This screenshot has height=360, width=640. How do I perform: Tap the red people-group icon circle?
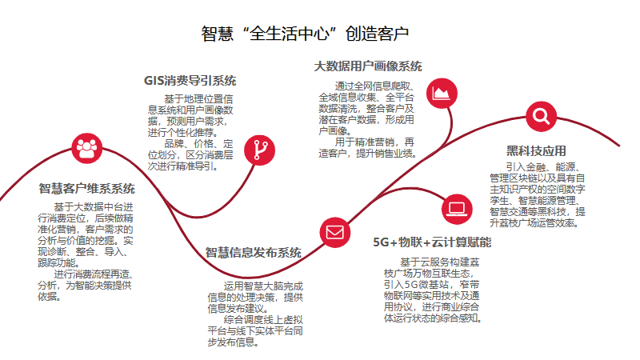[x=86, y=146]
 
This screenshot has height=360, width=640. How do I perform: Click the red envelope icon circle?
[x=334, y=233]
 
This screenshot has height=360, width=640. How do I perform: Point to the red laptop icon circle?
[x=458, y=209]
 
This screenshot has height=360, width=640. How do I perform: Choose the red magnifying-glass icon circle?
[x=541, y=117]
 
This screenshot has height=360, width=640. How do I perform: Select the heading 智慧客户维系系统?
[x=87, y=189]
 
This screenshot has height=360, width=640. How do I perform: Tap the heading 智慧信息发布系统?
[x=254, y=253]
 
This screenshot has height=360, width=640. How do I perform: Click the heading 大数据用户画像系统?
[x=368, y=66]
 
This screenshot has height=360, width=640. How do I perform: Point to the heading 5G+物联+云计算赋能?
[x=433, y=242]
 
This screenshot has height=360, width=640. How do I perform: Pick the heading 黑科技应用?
[x=536, y=150]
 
